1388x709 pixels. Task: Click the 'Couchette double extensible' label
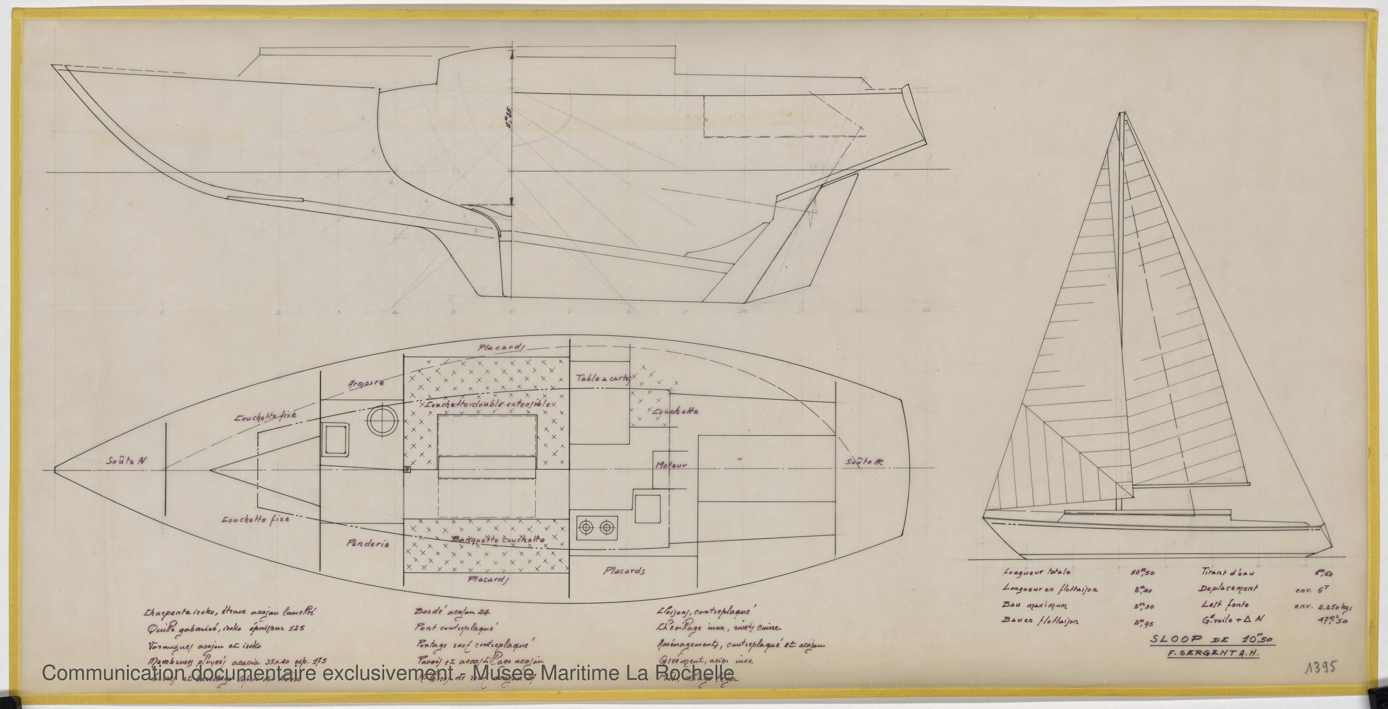coord(488,404)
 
